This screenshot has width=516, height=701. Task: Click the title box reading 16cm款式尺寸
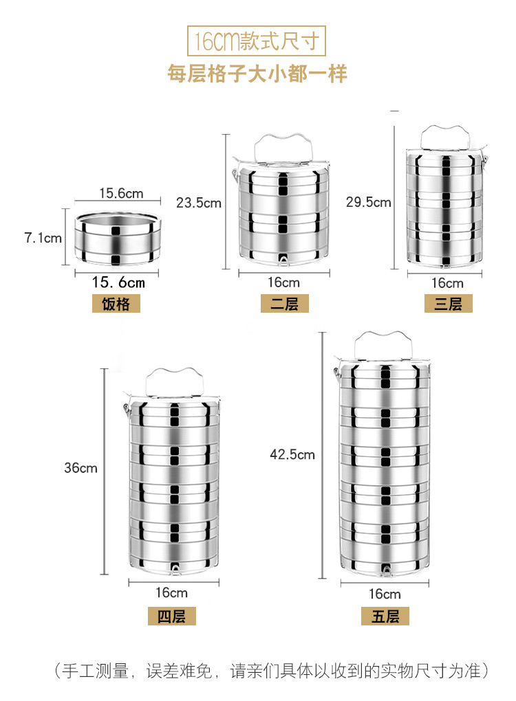pos(256,41)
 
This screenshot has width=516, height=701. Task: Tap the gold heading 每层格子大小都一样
pos(257,74)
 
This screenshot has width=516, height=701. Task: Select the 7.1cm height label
pos(43,238)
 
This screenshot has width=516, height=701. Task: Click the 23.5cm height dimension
pos(199,203)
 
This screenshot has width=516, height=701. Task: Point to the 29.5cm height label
pos(368,202)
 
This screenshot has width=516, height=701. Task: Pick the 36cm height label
pos(80,468)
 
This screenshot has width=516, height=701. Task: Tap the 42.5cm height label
pos(292,455)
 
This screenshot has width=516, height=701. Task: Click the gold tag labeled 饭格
pos(116,304)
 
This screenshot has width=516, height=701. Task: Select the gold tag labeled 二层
pos(285,304)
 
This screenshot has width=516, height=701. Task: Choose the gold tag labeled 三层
pos(449,304)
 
